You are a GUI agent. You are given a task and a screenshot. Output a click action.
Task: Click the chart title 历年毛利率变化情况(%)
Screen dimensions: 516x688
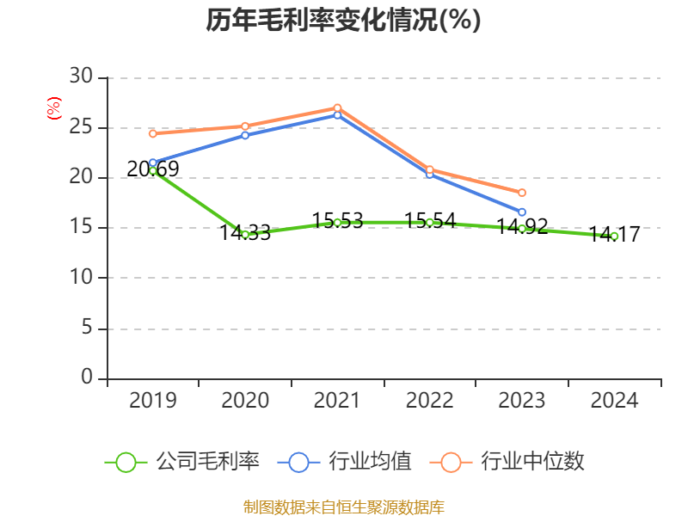click(x=343, y=21)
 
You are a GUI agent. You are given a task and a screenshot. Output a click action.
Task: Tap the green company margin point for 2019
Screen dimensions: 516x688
click(x=153, y=171)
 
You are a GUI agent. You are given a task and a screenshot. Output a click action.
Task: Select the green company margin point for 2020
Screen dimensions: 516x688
click(x=245, y=234)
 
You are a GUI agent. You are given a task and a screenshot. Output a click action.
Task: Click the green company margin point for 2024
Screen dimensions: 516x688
click(x=614, y=236)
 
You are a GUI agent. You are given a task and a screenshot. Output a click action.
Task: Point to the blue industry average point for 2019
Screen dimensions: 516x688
click(x=153, y=163)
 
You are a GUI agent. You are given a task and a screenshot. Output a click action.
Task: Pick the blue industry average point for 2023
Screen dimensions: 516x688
click(x=522, y=212)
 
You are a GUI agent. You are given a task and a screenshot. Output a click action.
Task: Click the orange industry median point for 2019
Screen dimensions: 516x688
click(x=153, y=133)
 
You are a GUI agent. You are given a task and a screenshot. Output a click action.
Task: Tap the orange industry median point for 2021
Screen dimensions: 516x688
click(x=337, y=107)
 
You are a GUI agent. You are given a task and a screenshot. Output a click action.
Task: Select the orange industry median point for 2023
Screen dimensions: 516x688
click(x=522, y=193)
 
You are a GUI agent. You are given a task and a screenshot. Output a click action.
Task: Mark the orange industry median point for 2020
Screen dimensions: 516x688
click(x=245, y=126)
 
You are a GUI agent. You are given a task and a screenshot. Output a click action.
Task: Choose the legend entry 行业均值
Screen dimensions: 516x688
click(x=345, y=462)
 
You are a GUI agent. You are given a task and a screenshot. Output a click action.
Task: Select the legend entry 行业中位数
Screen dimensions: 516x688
click(x=513, y=462)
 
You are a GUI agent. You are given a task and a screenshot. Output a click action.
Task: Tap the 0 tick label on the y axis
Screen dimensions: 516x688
click(x=86, y=378)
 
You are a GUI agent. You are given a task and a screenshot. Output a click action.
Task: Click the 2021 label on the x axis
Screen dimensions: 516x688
click(x=337, y=401)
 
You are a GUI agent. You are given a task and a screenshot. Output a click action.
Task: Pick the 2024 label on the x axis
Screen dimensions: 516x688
click(x=614, y=401)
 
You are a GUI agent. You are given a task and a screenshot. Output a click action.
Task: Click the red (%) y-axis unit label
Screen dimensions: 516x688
click(x=54, y=109)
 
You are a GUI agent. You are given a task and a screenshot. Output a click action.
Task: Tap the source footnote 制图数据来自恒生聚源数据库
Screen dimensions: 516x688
click(x=343, y=507)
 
